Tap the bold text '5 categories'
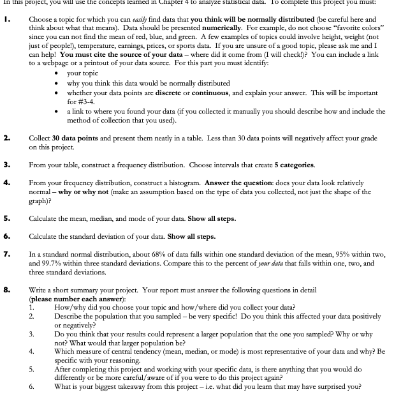(293, 165)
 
